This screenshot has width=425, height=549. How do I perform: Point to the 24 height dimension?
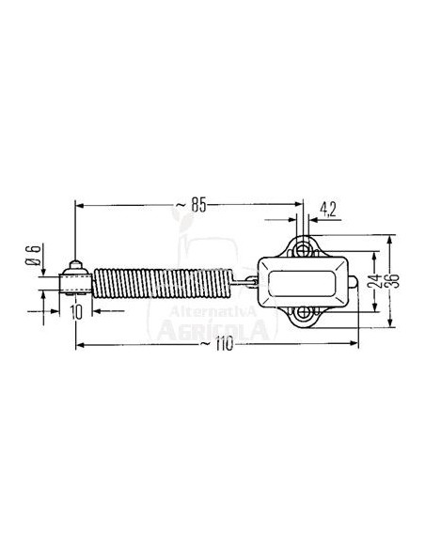coord(375,281)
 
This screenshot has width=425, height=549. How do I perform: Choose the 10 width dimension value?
coord(76,309)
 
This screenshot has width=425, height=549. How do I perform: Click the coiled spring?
coord(165,282)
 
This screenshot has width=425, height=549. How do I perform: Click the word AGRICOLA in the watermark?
coord(214,330)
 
